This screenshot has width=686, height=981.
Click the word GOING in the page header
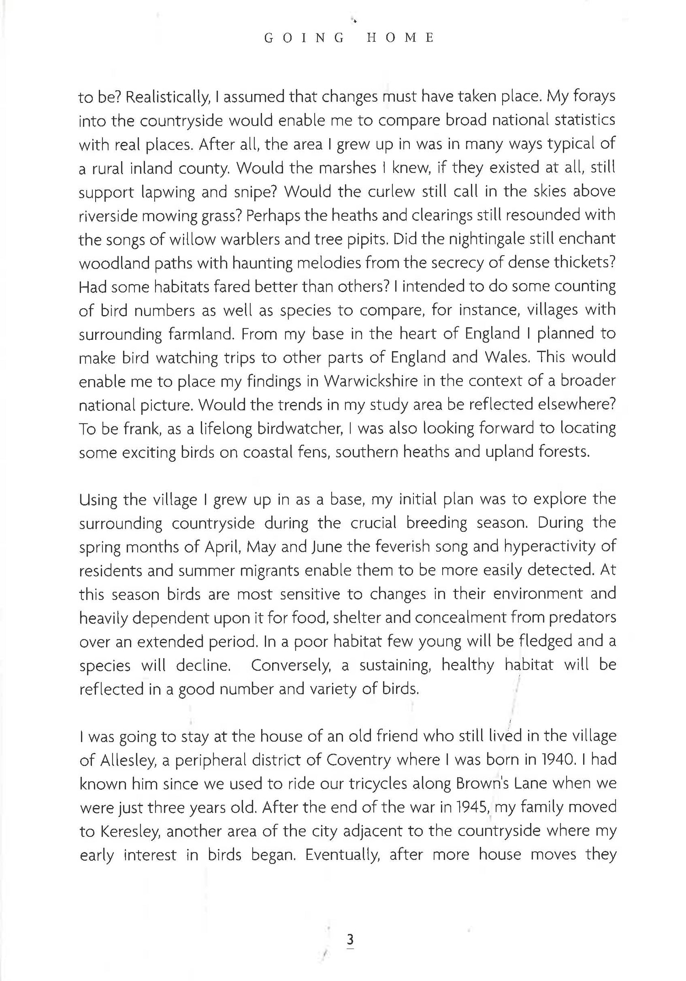click(x=305, y=38)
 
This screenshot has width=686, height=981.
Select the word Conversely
click(x=290, y=665)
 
